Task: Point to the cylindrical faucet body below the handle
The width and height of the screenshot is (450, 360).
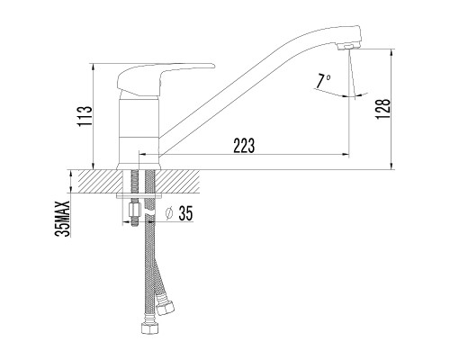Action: [x=139, y=126]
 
